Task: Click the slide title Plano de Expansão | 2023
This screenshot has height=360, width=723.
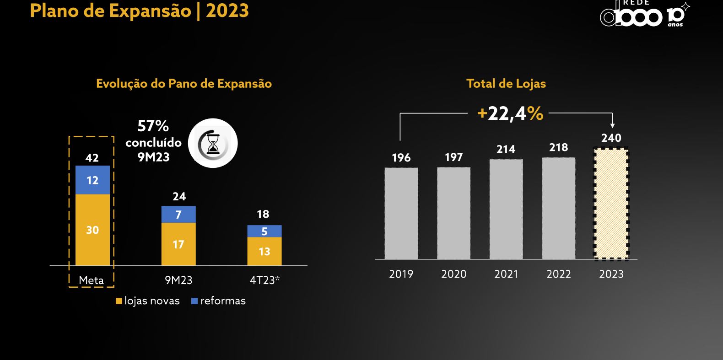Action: (x=139, y=11)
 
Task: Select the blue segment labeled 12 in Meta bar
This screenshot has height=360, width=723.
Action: (x=92, y=180)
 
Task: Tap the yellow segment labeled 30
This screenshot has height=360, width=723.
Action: (x=92, y=230)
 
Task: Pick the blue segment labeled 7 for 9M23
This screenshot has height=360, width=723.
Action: (x=178, y=215)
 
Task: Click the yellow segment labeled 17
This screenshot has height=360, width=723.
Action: (x=178, y=244)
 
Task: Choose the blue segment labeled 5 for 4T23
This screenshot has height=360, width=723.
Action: (x=264, y=231)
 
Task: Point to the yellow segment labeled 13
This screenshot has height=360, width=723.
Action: (x=264, y=251)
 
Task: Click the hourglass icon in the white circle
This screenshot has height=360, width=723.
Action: (x=213, y=143)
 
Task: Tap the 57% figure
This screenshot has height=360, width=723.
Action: (x=153, y=126)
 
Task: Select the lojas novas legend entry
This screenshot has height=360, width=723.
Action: (x=148, y=301)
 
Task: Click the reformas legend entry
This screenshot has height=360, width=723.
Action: (x=219, y=301)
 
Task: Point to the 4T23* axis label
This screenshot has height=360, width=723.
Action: (x=264, y=280)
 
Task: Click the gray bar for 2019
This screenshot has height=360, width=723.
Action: (x=401, y=213)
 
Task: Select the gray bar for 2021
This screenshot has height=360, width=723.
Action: (x=506, y=209)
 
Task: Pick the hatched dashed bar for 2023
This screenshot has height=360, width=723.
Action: (x=611, y=203)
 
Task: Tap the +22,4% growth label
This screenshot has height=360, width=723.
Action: (x=510, y=113)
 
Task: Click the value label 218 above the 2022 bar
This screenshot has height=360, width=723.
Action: (x=558, y=147)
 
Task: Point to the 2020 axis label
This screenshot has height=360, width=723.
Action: (x=453, y=274)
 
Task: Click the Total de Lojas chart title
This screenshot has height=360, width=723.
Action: (x=506, y=84)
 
